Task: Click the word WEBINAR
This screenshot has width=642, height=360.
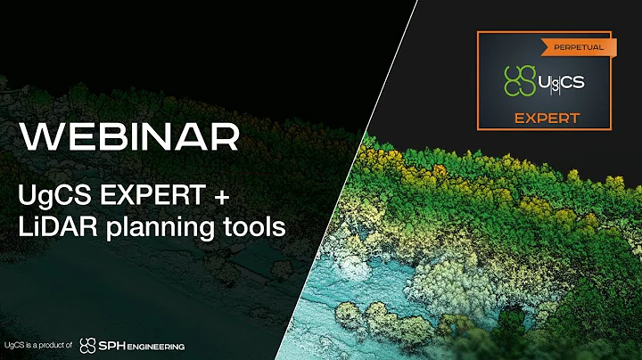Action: [x=131, y=137]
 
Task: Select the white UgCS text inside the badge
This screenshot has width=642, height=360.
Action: [x=561, y=82]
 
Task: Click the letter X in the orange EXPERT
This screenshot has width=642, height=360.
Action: [x=531, y=118]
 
